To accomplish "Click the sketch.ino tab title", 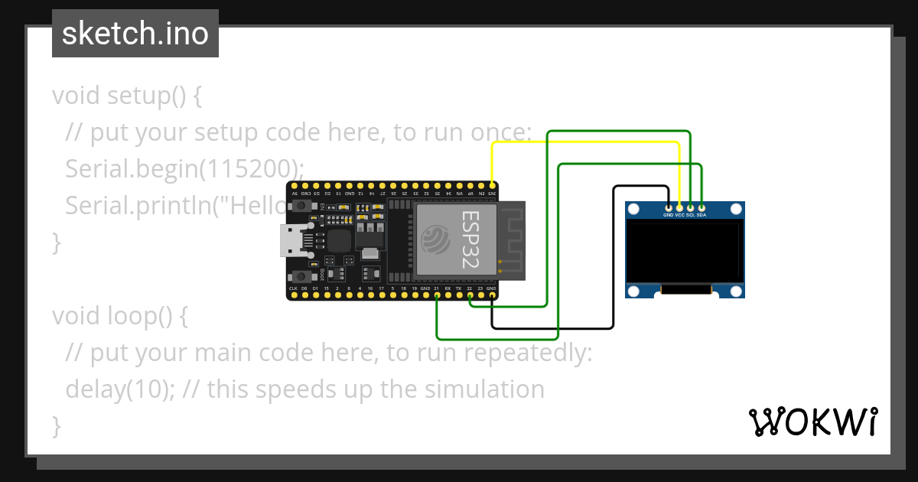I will [135, 34].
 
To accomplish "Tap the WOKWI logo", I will [812, 422].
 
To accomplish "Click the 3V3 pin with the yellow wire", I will [492, 186].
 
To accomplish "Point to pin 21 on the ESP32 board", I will [436, 295].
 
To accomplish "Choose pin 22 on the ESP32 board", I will [470, 295].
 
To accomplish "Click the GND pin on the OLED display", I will [669, 207].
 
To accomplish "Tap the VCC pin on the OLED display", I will [679, 207].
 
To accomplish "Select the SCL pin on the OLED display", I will [691, 207].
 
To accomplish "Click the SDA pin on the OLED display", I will [702, 207].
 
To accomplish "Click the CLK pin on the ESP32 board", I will [293, 295].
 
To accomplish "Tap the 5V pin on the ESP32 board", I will [293, 186].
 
